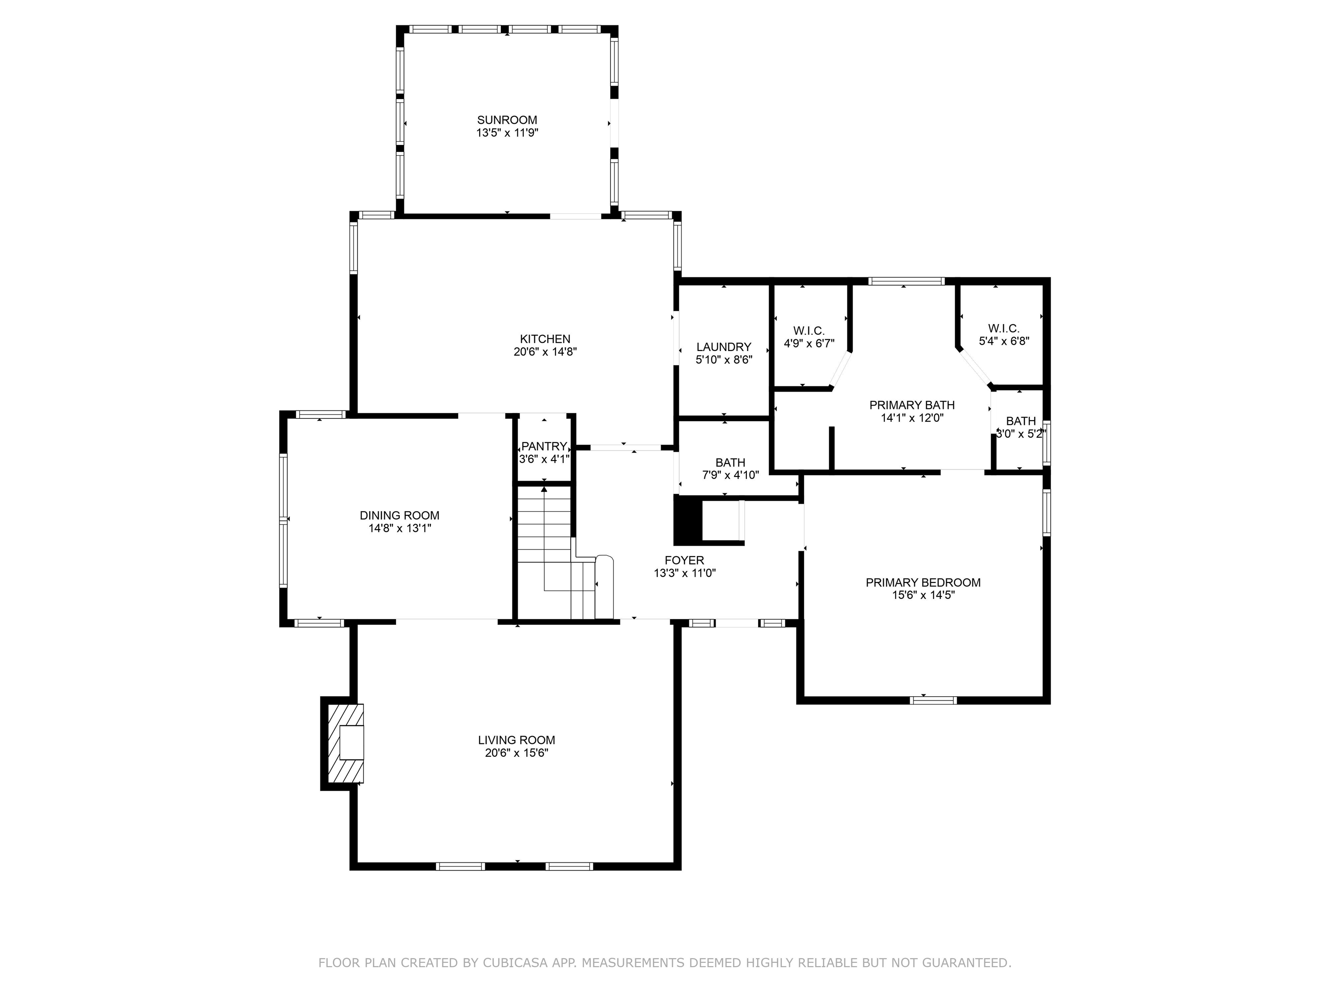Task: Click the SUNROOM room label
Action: (507, 119)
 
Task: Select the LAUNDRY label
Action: (723, 347)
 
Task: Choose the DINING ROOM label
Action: (399, 515)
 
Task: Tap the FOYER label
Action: (684, 560)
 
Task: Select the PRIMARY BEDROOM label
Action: (923, 582)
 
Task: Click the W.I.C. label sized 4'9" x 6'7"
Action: (809, 331)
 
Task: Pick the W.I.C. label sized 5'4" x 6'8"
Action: (1004, 328)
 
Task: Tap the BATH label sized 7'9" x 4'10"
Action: (730, 462)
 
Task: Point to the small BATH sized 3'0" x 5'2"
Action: (1020, 421)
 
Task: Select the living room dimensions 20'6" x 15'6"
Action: (516, 753)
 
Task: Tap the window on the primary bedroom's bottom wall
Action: (933, 700)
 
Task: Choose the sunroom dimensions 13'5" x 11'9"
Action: (507, 133)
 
